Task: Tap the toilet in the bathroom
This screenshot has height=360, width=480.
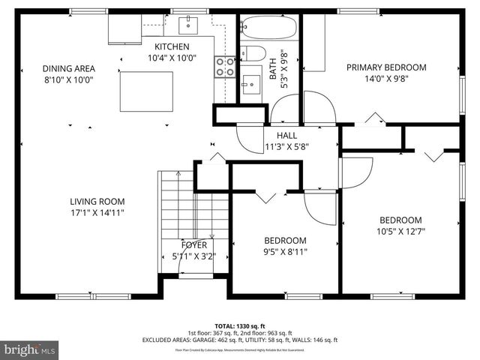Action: [x=251, y=54]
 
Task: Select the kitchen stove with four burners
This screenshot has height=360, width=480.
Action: [x=224, y=67]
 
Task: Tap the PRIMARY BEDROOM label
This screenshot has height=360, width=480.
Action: [x=385, y=67]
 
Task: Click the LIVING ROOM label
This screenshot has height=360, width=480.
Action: [x=97, y=201]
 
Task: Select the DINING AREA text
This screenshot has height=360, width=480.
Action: [x=68, y=68]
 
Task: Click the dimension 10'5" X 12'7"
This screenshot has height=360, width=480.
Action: [x=400, y=231]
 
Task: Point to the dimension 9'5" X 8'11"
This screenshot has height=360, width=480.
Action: [x=285, y=251]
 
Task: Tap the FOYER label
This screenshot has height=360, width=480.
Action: [x=193, y=245]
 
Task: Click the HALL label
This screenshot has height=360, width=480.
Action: [x=286, y=135]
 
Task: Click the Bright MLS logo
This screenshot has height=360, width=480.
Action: [x=30, y=349]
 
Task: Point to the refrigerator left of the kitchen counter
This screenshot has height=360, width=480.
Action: [x=123, y=29]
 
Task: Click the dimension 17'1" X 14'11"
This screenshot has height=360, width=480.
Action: [x=97, y=212]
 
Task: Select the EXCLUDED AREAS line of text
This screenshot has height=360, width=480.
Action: [x=239, y=340]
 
